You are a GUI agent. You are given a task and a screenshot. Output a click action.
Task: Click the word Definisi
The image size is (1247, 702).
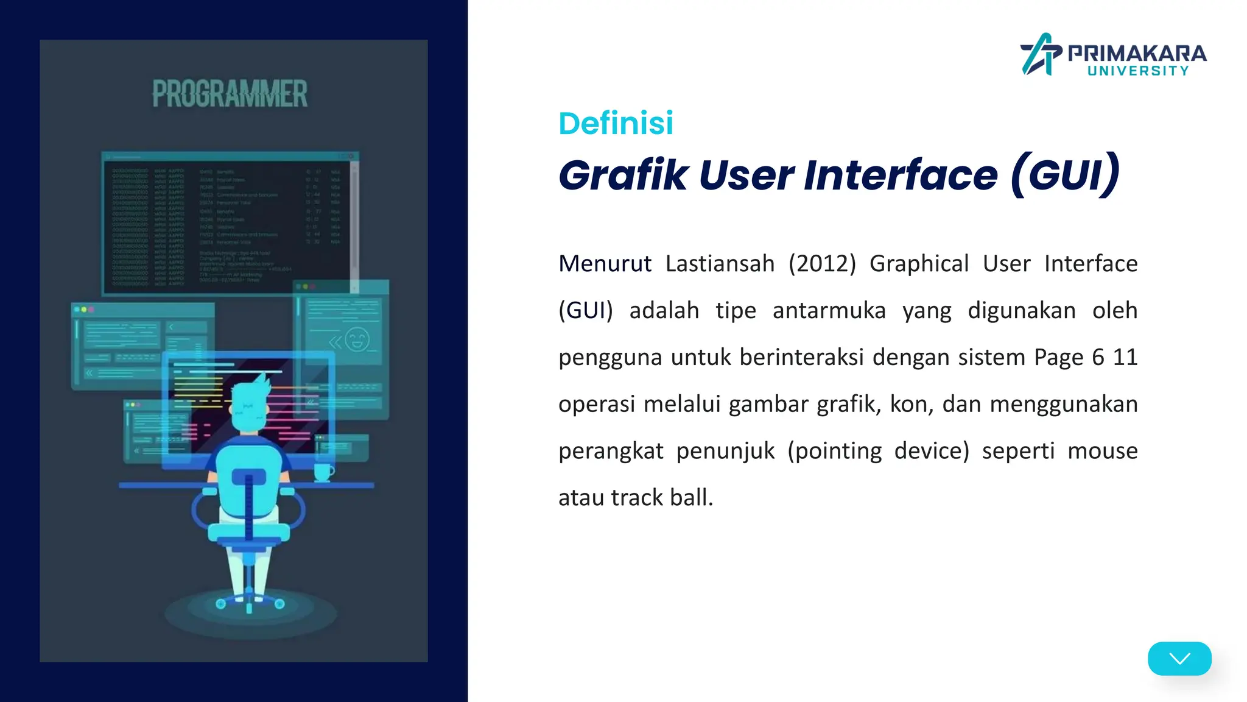tap(616, 123)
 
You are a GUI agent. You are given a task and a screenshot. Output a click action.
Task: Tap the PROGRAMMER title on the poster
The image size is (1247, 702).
tap(230, 94)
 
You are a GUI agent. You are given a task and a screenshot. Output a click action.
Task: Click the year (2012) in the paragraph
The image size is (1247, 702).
tap(822, 264)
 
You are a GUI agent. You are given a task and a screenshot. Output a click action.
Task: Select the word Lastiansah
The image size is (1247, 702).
tap(720, 264)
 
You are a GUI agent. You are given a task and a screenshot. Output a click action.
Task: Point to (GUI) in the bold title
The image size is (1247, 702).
tap(1065, 175)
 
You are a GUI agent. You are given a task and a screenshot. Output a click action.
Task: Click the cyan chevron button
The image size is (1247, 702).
tap(1179, 658)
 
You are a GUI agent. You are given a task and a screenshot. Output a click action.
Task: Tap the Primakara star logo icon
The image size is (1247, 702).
tap(1041, 54)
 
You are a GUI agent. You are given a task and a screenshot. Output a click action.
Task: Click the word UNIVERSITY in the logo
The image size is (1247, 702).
tap(1137, 71)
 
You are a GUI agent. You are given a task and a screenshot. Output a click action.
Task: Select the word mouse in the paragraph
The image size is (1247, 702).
tap(1102, 451)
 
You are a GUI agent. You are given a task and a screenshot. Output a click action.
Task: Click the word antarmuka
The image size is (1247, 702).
tap(829, 311)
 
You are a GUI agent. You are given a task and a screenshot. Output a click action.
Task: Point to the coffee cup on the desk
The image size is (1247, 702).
tap(323, 472)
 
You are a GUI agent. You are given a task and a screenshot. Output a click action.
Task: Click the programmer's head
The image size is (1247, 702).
tap(250, 405)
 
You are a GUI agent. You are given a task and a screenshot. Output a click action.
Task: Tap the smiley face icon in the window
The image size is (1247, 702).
tap(357, 339)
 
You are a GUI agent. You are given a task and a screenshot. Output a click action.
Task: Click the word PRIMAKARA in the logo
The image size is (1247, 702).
tap(1137, 54)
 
